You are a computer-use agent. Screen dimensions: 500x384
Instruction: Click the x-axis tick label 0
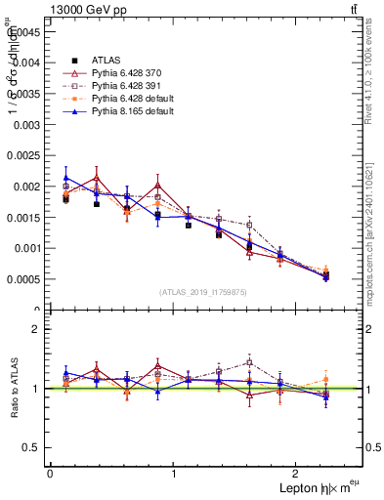click(50, 474)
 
